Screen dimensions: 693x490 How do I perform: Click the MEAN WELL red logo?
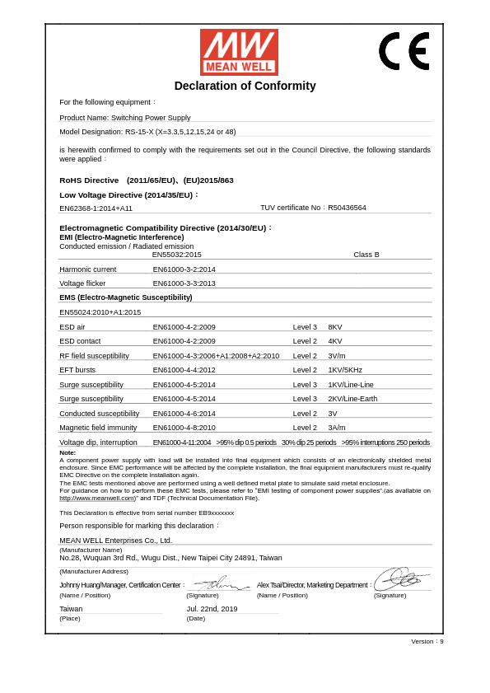239,52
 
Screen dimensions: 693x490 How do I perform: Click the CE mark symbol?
404,51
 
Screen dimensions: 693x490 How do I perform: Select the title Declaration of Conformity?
245,86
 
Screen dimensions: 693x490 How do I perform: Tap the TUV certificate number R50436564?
347,208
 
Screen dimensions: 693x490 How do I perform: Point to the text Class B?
366,255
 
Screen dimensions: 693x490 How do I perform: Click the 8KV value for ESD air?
335,327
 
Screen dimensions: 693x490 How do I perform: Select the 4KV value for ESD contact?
335,341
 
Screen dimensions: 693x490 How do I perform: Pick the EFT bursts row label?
77,370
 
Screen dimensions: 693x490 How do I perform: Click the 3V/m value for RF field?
337,356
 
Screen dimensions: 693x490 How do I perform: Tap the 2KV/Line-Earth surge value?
352,399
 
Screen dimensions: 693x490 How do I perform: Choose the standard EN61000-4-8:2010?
184,428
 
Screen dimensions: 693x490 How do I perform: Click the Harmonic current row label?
87,269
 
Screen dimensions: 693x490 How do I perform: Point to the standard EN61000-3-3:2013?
184,283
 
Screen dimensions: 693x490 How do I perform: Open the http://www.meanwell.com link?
96,499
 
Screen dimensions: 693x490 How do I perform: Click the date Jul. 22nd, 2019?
212,609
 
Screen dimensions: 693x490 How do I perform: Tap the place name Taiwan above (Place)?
71,609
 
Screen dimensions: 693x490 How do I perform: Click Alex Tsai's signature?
401,578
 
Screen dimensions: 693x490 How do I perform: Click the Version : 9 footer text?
427,641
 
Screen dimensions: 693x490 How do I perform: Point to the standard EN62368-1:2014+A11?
96,208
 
